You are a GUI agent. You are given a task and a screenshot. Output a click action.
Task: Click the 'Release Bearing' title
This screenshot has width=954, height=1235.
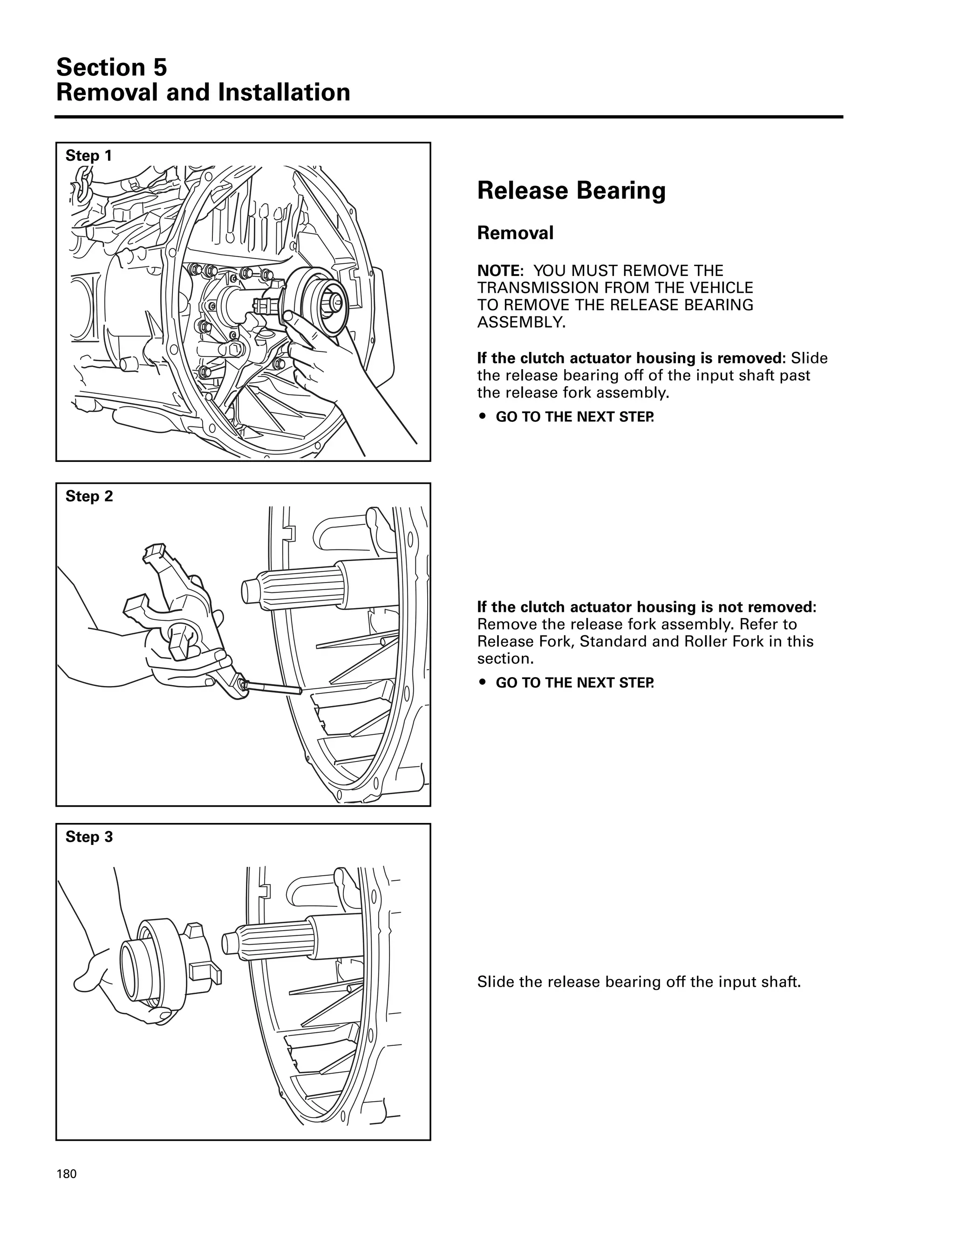tap(571, 191)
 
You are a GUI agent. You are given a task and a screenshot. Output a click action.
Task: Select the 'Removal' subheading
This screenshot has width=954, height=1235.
tap(515, 233)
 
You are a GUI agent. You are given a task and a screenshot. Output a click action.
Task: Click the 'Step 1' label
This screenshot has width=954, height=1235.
tap(89, 156)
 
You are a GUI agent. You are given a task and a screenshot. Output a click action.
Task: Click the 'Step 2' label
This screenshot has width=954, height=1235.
tap(89, 496)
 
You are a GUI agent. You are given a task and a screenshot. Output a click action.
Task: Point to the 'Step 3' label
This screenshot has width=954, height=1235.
tap(89, 837)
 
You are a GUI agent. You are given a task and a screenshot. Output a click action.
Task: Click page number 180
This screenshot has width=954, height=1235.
tap(66, 1174)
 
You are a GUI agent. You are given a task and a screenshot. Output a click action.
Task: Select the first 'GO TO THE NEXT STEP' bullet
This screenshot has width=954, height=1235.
tap(574, 417)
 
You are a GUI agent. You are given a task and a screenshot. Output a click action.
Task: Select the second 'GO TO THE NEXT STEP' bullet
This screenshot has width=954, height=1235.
tap(574, 683)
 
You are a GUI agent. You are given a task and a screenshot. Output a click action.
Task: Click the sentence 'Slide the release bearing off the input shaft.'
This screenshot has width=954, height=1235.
tap(639, 981)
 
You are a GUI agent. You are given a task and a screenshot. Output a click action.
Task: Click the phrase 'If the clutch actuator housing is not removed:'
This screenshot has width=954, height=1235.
tap(646, 607)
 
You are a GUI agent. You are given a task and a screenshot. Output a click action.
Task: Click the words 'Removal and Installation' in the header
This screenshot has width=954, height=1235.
tap(203, 93)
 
